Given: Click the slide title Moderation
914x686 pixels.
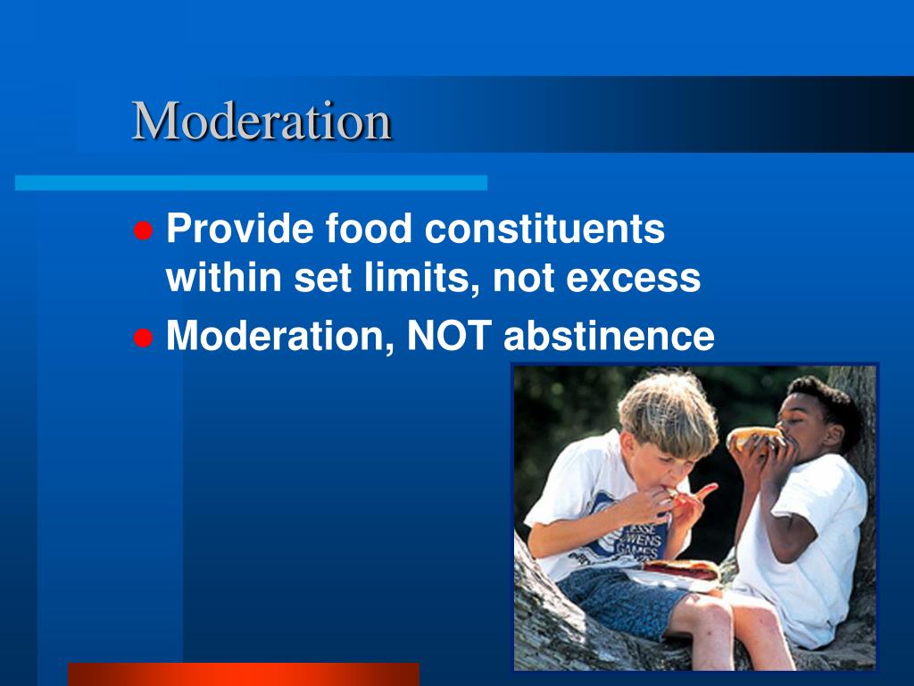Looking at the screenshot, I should click(262, 121).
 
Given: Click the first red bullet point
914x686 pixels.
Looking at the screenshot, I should click(141, 231).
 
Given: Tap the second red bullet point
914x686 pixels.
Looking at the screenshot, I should click(141, 339).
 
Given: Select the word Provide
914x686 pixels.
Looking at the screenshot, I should click(240, 230).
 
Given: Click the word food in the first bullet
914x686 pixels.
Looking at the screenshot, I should click(370, 230).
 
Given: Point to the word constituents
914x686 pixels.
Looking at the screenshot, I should click(544, 230).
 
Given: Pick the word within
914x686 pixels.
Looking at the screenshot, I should click(223, 279).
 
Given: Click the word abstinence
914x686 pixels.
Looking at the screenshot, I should click(609, 337).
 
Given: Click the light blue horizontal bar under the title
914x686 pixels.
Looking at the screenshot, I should click(251, 183).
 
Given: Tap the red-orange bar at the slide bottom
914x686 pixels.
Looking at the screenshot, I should click(243, 673).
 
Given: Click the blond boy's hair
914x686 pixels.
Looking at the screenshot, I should click(668, 406).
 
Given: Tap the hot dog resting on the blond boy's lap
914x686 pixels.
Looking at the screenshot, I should click(680, 568).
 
